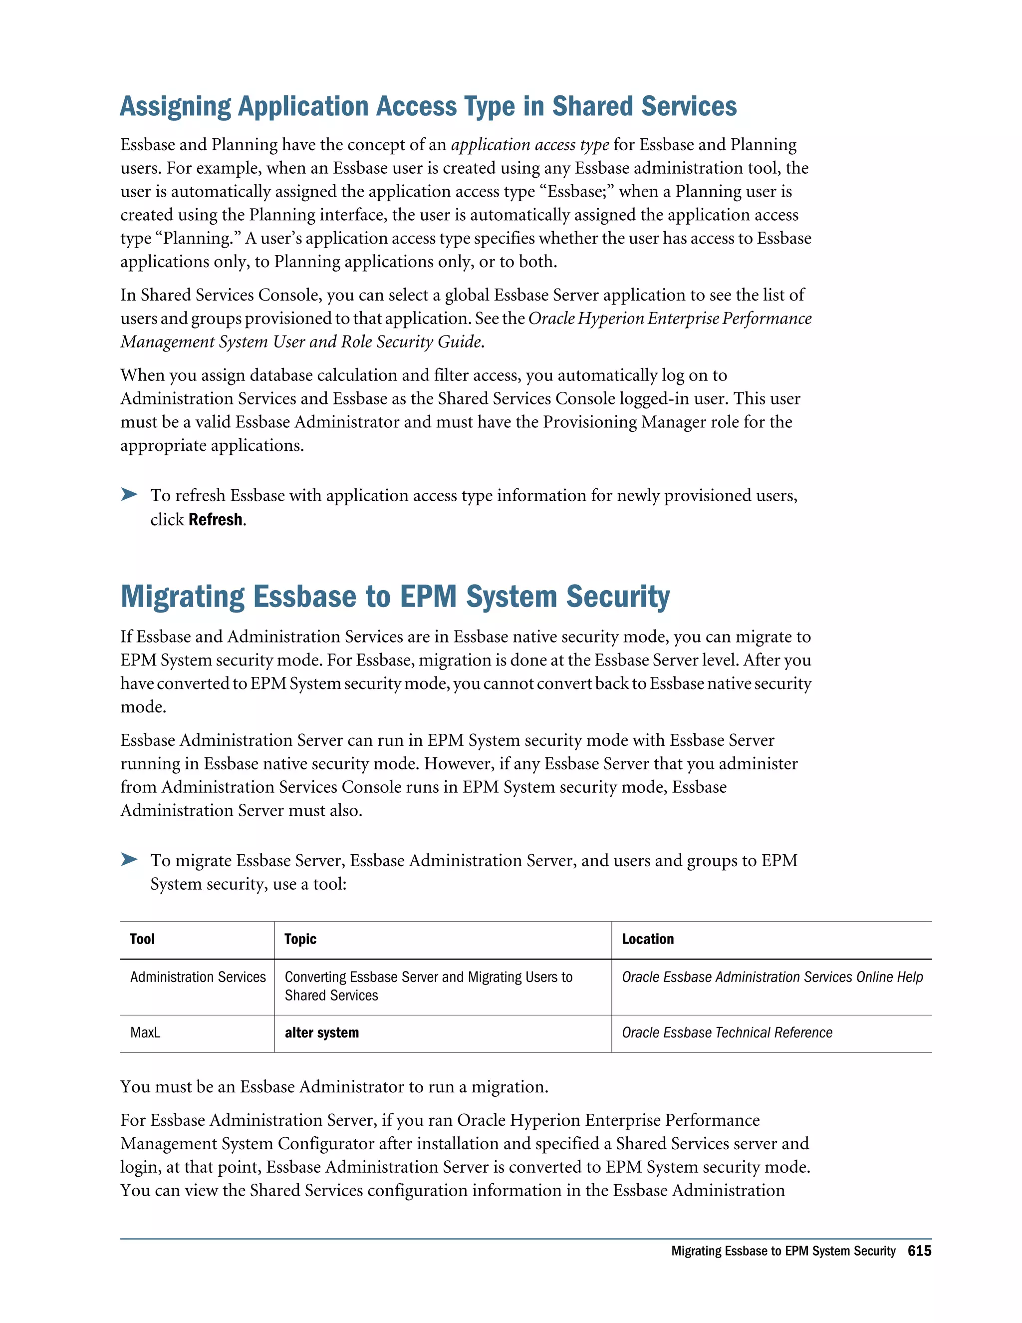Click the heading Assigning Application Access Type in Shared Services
pyautogui.click(x=428, y=107)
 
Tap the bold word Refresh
pyautogui.click(x=216, y=520)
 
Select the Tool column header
pyautogui.click(x=142, y=939)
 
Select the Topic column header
pyautogui.click(x=300, y=939)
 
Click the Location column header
pyautogui.click(x=647, y=939)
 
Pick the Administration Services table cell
pyautogui.click(x=198, y=977)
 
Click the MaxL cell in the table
pyautogui.click(x=145, y=1033)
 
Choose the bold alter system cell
pyautogui.click(x=321, y=1033)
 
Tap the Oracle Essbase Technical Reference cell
pyautogui.click(x=727, y=1033)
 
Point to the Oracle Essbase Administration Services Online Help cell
pyautogui.click(x=772, y=977)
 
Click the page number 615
pyautogui.click(x=919, y=1251)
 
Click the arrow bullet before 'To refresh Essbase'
pyautogui.click(x=129, y=494)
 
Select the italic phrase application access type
pyautogui.click(x=530, y=145)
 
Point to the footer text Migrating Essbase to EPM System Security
pyautogui.click(x=783, y=1251)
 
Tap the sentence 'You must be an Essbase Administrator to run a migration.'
pyautogui.click(x=334, y=1087)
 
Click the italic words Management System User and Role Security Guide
pyautogui.click(x=301, y=342)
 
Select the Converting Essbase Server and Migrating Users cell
pyautogui.click(x=428, y=986)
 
